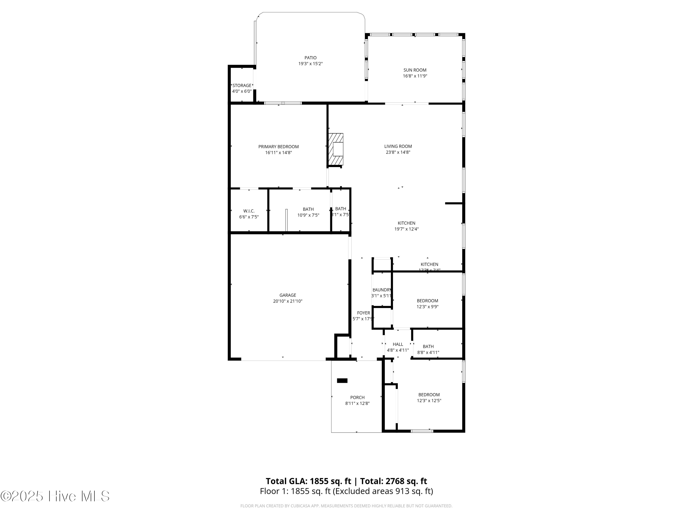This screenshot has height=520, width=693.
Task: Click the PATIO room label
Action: point(310,58)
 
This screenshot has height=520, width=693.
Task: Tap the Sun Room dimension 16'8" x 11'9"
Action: point(415,76)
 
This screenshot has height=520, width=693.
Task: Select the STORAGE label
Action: point(242,85)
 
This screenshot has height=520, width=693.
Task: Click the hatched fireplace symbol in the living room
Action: point(336,149)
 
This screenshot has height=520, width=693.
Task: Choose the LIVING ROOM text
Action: point(398,146)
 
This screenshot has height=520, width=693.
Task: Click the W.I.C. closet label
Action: point(249,211)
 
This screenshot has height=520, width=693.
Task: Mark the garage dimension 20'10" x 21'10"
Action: point(288,301)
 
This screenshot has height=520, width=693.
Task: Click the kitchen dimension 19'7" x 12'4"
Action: point(406,229)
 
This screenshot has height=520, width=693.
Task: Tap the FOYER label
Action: point(363,313)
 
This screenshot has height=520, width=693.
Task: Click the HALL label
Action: point(398,344)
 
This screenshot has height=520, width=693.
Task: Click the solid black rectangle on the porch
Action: point(342,380)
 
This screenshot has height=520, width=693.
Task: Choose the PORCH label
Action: point(357,398)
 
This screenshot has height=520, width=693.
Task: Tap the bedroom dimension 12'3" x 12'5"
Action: point(429,401)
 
